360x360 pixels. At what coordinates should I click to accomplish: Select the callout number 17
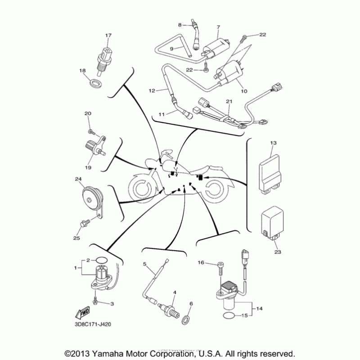[108, 35]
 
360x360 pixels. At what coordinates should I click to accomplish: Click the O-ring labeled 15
[229, 315]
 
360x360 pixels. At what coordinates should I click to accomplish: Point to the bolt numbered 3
[96, 299]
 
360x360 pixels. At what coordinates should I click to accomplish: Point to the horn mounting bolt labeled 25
[85, 223]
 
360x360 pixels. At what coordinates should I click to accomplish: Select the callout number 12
[152, 90]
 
